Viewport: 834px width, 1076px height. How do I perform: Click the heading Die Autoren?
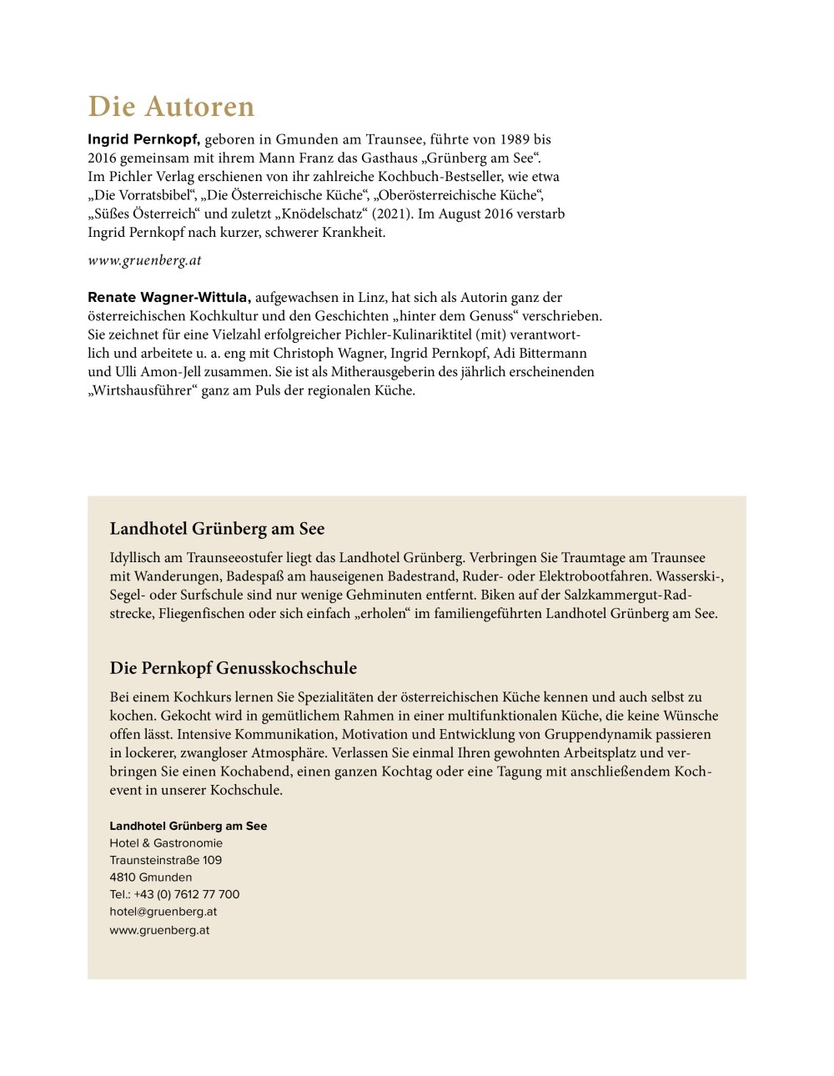[171, 107]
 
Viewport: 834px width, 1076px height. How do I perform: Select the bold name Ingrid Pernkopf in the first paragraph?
[143, 139]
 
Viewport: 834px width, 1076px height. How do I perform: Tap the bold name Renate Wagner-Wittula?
[168, 297]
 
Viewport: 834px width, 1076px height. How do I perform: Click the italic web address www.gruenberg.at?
[144, 260]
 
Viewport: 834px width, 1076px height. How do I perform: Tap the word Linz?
[362, 297]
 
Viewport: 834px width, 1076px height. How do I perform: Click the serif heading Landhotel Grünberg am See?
[217, 529]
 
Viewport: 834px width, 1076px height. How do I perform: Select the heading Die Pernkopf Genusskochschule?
[233, 668]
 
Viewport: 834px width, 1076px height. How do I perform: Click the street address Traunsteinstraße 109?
[165, 860]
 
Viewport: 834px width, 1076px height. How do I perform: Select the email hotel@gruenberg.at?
[163, 912]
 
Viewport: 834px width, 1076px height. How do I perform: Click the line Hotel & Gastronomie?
[166, 843]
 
